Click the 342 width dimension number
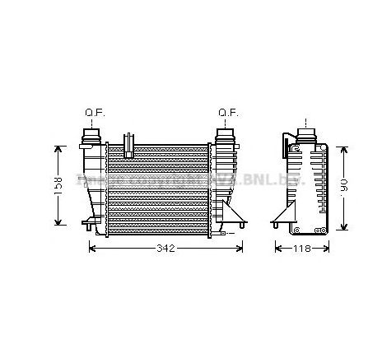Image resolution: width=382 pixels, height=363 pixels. [167, 248]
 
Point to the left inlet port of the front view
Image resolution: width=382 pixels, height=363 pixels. [90, 135]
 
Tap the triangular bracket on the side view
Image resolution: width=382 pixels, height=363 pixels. [282, 216]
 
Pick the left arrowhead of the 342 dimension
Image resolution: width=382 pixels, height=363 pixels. [91, 248]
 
